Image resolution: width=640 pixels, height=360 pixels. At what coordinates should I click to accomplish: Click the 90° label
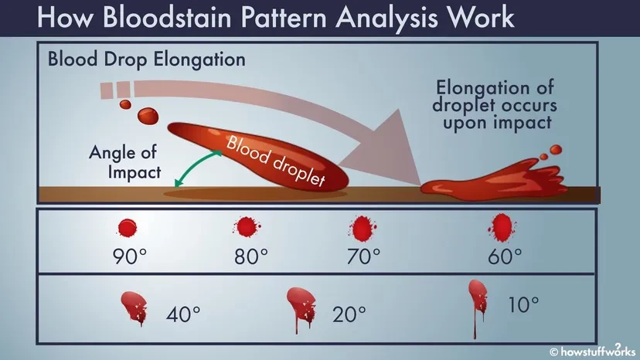(129, 256)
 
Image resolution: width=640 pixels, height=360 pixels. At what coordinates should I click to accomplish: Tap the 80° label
(251, 256)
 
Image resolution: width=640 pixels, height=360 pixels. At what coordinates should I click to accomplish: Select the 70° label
(364, 256)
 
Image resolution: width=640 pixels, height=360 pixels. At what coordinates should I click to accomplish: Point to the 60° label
(505, 256)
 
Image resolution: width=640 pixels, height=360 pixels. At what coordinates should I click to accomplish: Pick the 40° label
(183, 314)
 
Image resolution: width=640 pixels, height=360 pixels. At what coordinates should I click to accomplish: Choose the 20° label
(349, 314)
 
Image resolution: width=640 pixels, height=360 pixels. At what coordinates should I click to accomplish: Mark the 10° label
(523, 304)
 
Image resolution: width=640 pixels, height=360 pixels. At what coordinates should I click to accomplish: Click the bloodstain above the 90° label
(128, 228)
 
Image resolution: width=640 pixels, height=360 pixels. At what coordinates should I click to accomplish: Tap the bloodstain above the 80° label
(247, 227)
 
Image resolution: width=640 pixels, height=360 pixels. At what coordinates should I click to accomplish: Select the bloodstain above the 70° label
(363, 228)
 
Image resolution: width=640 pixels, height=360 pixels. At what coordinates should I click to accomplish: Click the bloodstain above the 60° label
(502, 228)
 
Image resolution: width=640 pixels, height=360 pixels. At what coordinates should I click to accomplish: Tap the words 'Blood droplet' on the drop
(276, 160)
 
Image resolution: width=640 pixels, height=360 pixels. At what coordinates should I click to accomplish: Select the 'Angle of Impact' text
(125, 162)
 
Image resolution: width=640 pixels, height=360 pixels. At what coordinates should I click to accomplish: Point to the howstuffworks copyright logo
(593, 351)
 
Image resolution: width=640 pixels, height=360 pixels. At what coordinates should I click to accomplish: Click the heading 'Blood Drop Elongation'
(147, 59)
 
